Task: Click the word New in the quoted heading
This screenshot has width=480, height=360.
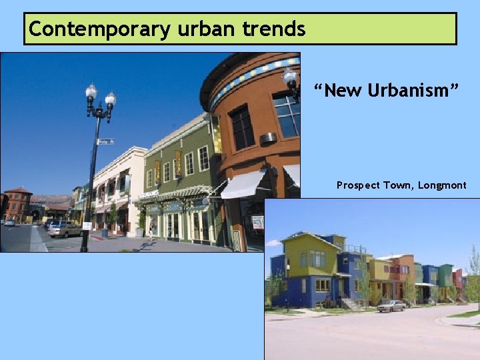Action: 343,90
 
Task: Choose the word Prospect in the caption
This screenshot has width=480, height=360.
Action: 357,185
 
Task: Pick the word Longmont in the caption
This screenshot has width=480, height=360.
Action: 442,185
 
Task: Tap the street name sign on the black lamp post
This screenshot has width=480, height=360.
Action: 106,141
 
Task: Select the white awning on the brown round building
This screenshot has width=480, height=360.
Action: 243,184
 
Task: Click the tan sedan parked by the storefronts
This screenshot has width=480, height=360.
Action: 66,229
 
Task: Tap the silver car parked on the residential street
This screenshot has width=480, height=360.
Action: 391,305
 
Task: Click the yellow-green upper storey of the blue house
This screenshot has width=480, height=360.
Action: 311,254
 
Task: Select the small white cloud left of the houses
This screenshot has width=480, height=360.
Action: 273,243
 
